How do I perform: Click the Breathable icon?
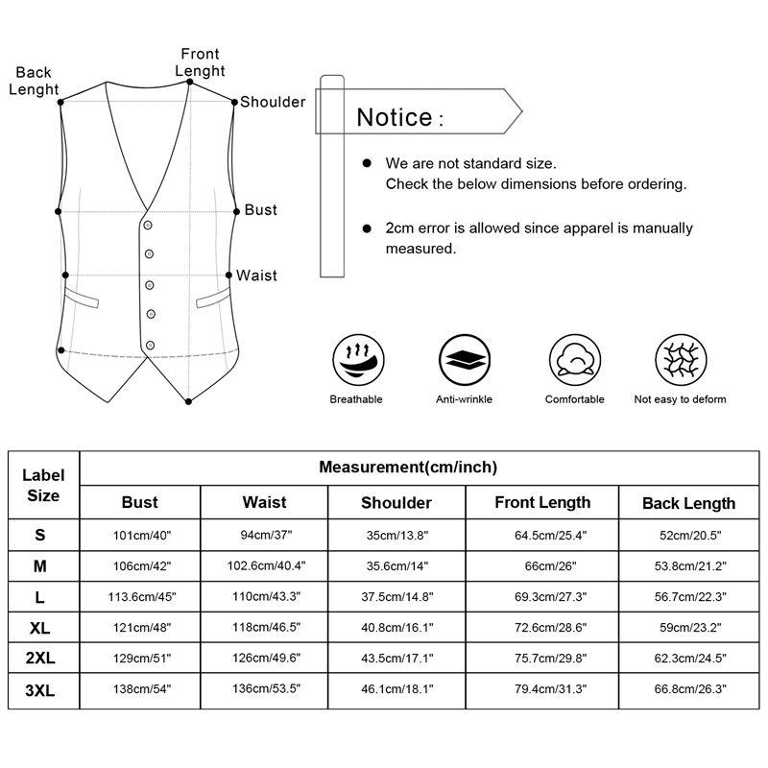[356, 360]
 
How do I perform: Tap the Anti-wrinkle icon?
[464, 360]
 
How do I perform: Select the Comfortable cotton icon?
[574, 360]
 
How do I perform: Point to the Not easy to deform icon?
[680, 360]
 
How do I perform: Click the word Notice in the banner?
[394, 117]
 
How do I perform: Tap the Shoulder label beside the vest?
[273, 102]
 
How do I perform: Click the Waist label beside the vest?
[256, 276]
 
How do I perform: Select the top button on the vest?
[150, 225]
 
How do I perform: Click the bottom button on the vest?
[150, 345]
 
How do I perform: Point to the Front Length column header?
[542, 502]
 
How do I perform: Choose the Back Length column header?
[688, 503]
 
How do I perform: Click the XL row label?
[40, 627]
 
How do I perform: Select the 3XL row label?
[40, 688]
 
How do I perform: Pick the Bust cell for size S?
[140, 535]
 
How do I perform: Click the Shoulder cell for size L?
[396, 596]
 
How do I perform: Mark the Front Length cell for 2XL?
[542, 658]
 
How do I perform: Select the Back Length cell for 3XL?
[688, 688]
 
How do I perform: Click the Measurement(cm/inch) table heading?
[408, 468]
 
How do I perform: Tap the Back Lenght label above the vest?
[34, 81]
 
